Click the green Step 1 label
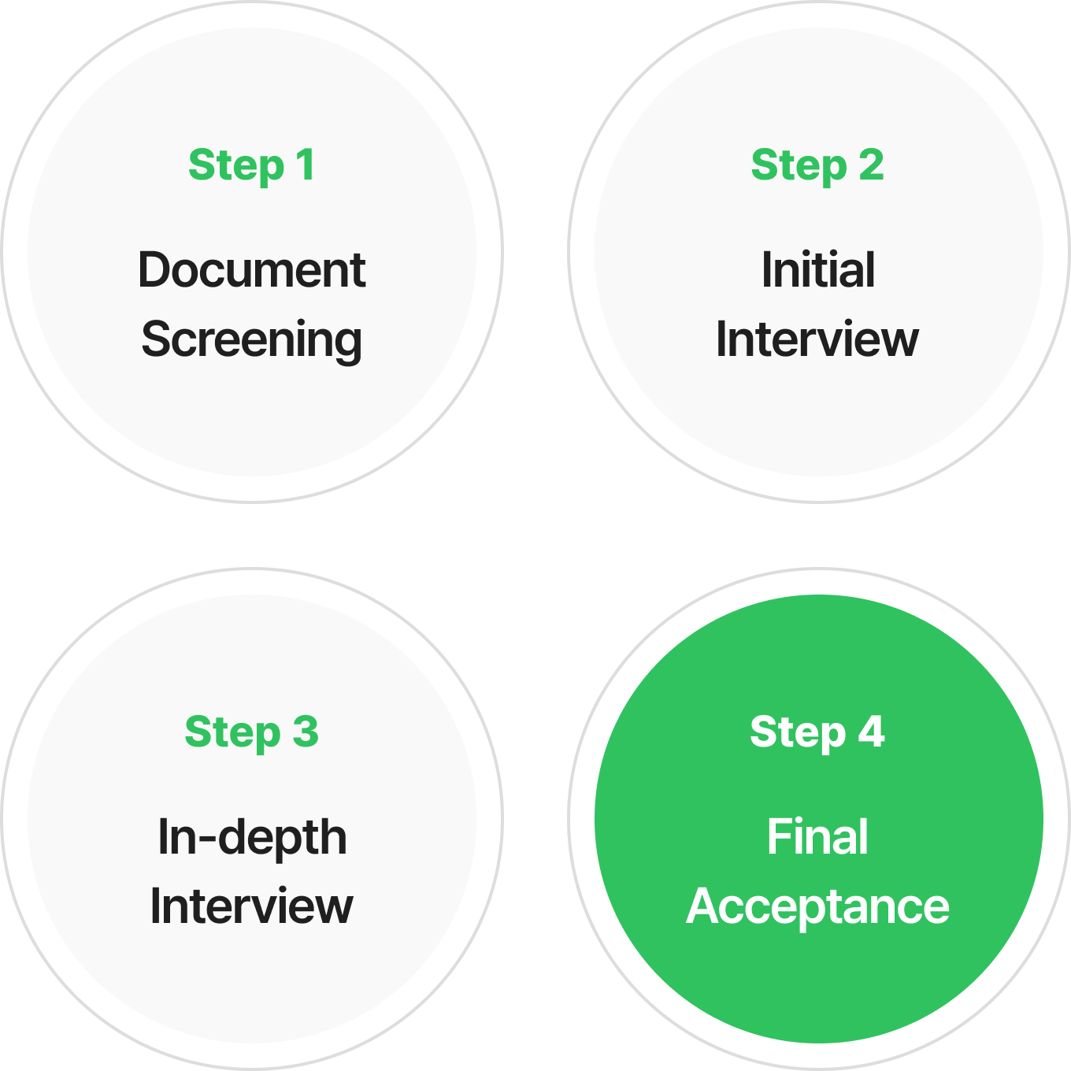[x=251, y=165]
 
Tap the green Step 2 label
[x=817, y=165]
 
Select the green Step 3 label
[x=251, y=732]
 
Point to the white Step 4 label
[x=817, y=732]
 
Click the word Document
[x=251, y=270]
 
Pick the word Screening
[x=251, y=339]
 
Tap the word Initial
[x=817, y=270]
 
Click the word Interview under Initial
[x=817, y=339]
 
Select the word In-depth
[x=251, y=837]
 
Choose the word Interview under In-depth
[x=251, y=906]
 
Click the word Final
[x=817, y=837]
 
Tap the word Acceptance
[x=817, y=907]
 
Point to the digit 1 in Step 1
[x=306, y=165]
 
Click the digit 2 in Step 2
[x=871, y=165]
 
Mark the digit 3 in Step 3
[x=306, y=732]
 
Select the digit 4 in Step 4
[x=871, y=732]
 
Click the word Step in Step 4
[x=798, y=733]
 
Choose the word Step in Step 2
[x=799, y=166]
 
